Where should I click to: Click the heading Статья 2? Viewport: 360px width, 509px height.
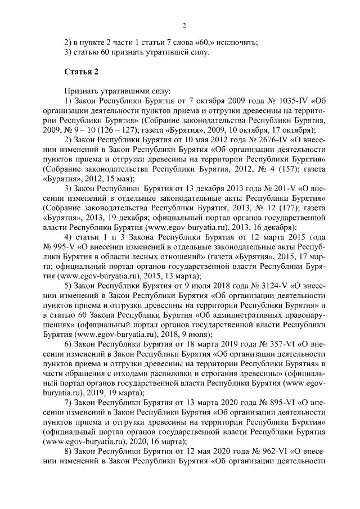[x=82, y=72]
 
